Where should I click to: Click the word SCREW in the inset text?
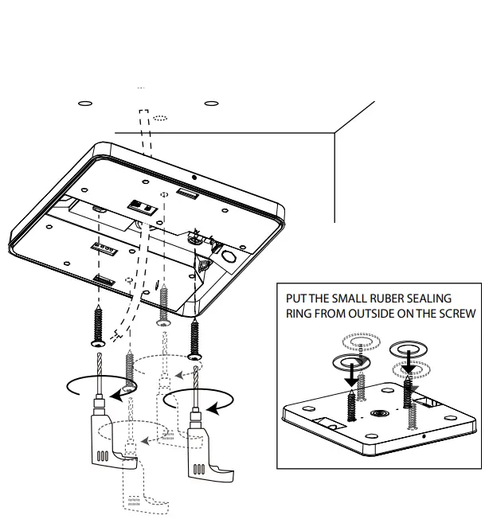[457, 313]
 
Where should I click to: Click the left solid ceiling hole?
[86, 103]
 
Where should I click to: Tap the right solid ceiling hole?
[210, 103]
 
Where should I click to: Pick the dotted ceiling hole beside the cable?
[161, 118]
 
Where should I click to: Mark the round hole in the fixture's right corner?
[228, 256]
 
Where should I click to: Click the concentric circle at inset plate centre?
[377, 415]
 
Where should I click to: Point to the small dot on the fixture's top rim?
[193, 177]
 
